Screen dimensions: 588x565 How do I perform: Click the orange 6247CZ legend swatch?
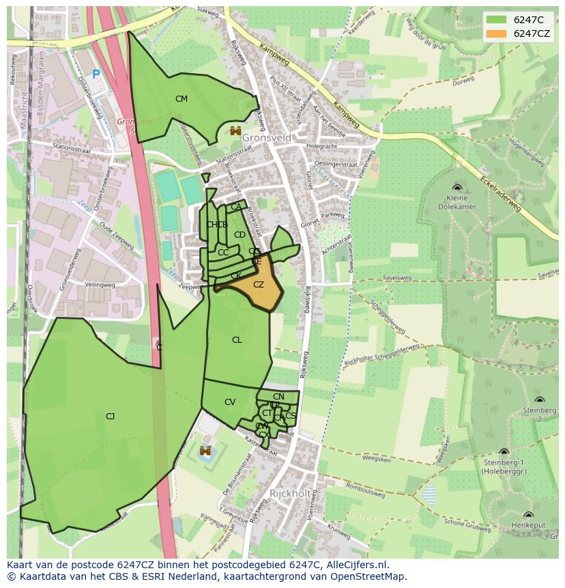[x=497, y=33]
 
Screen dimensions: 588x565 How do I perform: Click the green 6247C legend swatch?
[x=497, y=20]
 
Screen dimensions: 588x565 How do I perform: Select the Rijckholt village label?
[x=289, y=493]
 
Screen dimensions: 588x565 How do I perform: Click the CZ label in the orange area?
[x=259, y=285]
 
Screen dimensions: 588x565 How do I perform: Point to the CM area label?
[x=181, y=99]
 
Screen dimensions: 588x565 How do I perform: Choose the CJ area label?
[x=110, y=416]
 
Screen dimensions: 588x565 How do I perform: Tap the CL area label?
[x=237, y=340]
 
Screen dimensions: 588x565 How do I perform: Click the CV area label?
[x=230, y=402]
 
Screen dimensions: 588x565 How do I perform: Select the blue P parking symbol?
[x=96, y=74]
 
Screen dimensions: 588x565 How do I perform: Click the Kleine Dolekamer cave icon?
[x=457, y=187]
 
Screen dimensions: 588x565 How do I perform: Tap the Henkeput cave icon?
[x=528, y=515]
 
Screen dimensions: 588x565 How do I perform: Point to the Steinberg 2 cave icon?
[x=540, y=400]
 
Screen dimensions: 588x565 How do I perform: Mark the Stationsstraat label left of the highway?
[x=72, y=146]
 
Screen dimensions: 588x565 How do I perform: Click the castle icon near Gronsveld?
[x=236, y=130]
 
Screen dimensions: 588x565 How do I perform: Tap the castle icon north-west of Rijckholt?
[x=205, y=451]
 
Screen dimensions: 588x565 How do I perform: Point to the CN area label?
[x=278, y=397]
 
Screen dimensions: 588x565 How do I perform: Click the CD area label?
[x=240, y=235]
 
